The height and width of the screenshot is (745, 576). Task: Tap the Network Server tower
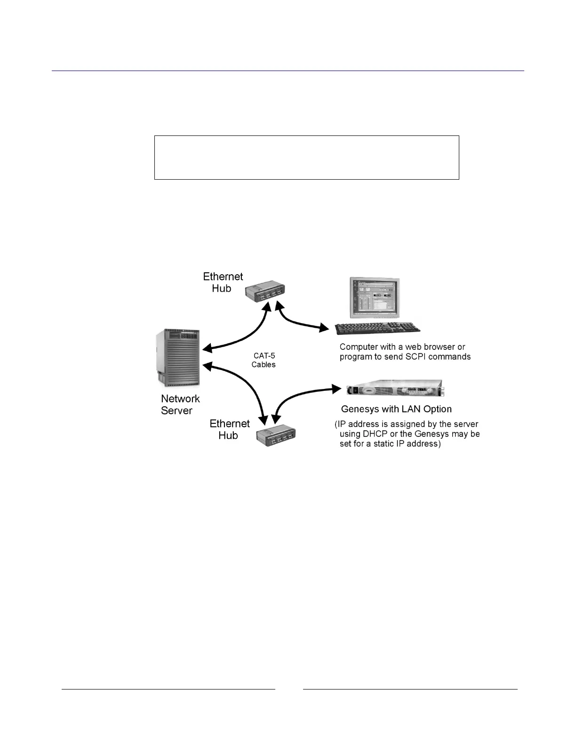178,357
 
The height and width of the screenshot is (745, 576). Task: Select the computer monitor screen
375,298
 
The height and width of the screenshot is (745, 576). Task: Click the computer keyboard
377,328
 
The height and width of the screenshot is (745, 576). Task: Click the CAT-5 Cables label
264,360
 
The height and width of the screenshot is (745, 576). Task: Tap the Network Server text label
180,404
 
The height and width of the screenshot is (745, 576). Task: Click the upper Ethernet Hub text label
223,282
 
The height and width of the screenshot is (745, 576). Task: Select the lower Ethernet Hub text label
229,429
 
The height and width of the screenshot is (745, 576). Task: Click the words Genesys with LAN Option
396,409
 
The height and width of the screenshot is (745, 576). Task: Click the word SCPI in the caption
416,357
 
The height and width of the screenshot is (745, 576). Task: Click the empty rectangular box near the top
306,158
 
